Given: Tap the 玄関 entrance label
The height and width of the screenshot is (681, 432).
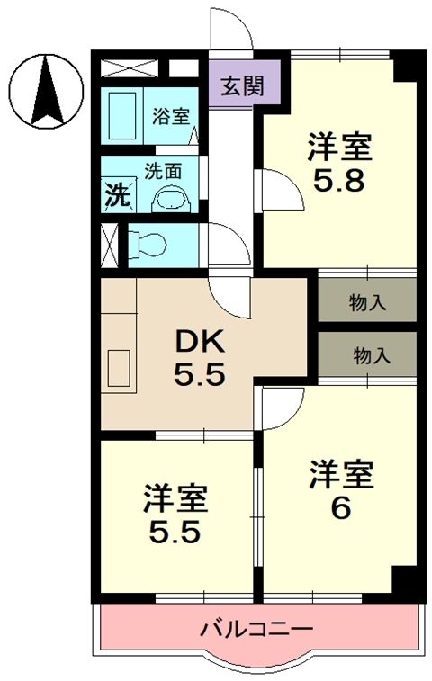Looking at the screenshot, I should pos(243,87).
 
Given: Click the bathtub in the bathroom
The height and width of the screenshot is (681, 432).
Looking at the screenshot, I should pos(121,116).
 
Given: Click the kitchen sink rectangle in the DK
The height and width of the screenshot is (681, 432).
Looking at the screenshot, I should pos(121,368).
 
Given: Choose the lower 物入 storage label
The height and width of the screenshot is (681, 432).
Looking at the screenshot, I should pos(371,355).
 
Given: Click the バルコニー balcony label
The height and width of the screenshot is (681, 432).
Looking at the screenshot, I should pos(256,628).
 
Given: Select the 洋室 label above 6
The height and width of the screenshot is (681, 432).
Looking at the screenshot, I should pos(341,474).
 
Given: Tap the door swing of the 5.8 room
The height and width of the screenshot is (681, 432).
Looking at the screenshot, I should pos(277,191).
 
